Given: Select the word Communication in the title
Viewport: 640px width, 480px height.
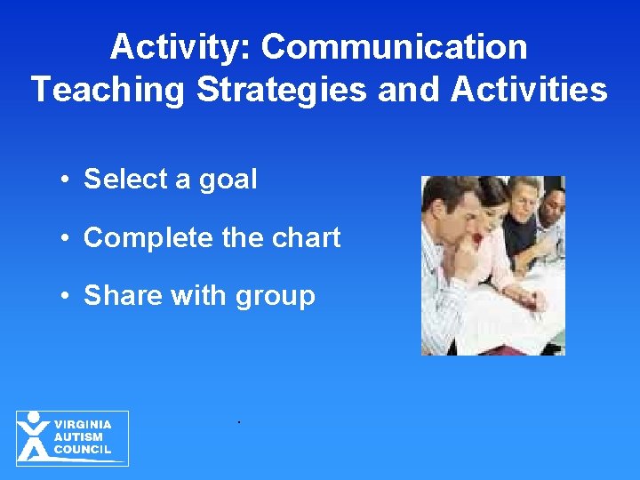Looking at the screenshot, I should [394, 47].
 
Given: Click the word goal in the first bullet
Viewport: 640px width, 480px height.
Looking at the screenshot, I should [227, 180].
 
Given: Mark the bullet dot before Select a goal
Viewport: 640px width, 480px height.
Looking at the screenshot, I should [67, 180].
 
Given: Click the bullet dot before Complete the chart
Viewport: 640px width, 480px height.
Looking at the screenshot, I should [67, 238].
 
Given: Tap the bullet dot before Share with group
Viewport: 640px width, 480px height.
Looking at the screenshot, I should [67, 296].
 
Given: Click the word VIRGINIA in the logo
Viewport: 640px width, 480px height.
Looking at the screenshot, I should [83, 425].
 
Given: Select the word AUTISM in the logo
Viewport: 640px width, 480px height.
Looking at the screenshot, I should [78, 437].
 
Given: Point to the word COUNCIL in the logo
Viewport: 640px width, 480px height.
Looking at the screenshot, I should [83, 450].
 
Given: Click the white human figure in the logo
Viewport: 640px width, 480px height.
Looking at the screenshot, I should [34, 436].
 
